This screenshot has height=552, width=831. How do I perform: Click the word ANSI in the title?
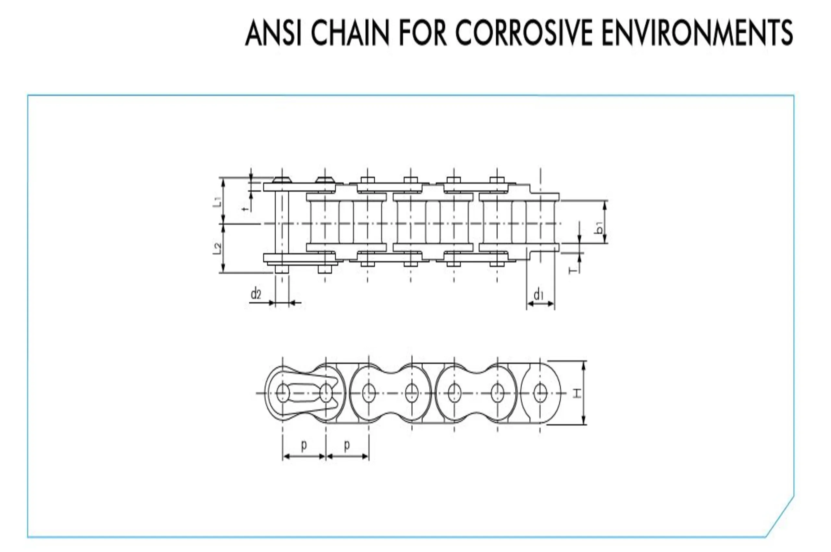coord(273,33)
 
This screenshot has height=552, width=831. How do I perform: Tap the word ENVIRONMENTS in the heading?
coord(697,33)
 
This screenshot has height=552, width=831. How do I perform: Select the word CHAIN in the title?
coord(350,33)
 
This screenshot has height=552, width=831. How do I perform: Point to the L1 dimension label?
coord(218,202)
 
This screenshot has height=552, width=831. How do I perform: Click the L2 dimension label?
coord(218,248)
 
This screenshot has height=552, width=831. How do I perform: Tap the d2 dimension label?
coord(256,293)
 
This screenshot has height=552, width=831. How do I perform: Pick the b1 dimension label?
coord(599,229)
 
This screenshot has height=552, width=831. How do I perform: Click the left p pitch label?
coord(304,445)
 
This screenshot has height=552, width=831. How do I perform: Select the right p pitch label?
coord(347,445)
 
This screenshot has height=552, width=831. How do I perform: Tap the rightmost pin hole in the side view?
coord(540,393)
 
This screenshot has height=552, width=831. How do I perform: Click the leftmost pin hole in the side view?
coord(283,393)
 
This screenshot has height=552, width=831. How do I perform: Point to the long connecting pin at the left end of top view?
coord(281,225)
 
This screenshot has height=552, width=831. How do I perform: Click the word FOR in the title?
coord(422,33)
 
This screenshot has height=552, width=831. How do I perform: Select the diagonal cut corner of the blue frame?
coord(780,516)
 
